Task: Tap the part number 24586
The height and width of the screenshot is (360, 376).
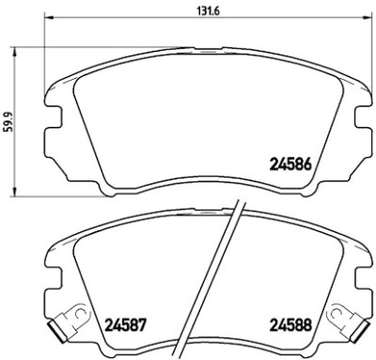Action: coord(290,164)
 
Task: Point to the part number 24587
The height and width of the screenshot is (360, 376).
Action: coord(125,325)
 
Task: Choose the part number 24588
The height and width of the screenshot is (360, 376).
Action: coord(290,325)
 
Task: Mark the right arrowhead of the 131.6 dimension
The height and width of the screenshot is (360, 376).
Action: coord(368,18)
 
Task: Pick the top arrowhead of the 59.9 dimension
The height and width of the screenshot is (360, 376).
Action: coord(14,53)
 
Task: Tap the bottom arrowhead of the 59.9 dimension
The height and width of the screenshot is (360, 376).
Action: coord(14,192)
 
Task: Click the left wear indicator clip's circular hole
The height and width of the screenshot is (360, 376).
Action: coord(81,312)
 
